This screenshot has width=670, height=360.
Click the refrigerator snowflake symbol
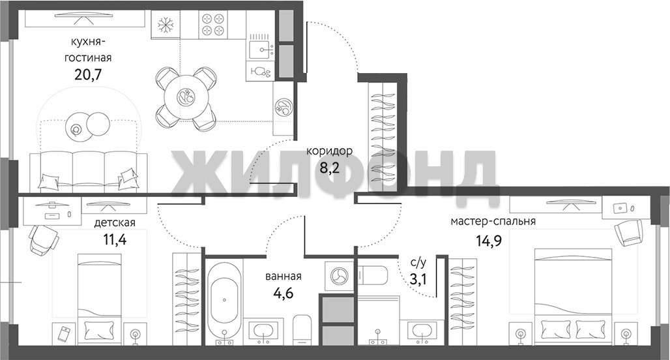(165, 25)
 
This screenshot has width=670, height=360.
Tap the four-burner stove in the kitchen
(213, 24)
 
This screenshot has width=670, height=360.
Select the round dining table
(186, 98)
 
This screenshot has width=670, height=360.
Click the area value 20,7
(88, 74)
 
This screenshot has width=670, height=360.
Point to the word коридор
(329, 151)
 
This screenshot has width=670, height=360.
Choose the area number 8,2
(329, 168)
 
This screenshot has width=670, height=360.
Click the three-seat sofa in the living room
(89, 171)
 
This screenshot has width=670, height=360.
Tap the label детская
(115, 222)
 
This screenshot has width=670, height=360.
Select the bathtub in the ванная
(225, 300)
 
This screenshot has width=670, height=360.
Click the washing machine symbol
(340, 275)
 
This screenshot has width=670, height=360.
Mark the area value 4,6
(284, 293)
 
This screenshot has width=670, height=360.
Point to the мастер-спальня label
(493, 221)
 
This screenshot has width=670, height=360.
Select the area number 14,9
(489, 241)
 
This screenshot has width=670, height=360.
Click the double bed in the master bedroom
(573, 296)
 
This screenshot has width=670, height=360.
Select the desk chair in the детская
(43, 239)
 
